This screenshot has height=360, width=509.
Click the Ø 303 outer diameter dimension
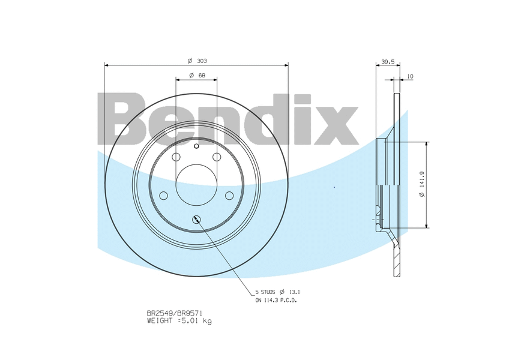tap(196, 61)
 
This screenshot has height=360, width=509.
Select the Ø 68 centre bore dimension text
tap(196, 75)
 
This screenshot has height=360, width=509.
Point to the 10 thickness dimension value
tap(410, 76)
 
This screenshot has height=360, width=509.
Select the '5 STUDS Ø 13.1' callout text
tap(277, 292)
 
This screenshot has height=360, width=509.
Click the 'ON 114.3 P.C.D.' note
tap(276, 300)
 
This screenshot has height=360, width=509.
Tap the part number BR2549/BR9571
tap(175, 313)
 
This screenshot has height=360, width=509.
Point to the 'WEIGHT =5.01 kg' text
tap(179, 321)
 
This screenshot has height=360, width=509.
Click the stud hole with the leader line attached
tap(196, 220)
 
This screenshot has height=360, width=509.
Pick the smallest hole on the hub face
tap(196, 145)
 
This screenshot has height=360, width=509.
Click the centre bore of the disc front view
tap(196, 184)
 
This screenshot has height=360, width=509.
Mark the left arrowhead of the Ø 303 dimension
tap(107, 65)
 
